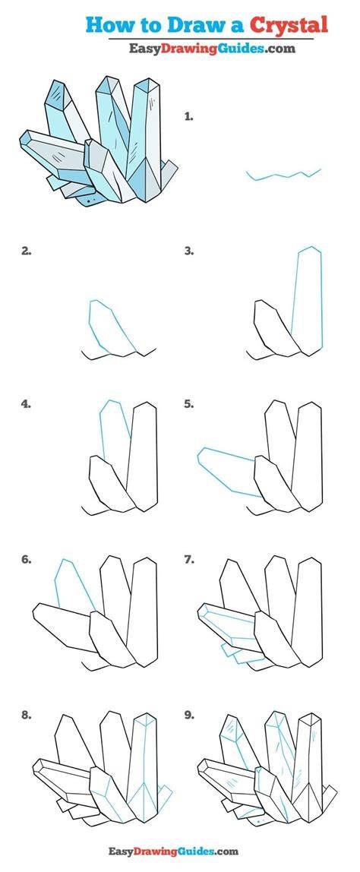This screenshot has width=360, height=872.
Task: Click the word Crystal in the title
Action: [288, 24]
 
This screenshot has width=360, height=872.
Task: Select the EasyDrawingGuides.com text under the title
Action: [212, 49]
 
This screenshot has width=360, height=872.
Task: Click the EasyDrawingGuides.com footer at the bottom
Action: [173, 851]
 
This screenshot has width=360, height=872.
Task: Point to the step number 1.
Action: [188, 117]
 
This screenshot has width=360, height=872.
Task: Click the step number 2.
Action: [26, 251]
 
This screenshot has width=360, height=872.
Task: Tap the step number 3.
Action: [189, 251]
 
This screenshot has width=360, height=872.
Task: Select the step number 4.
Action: [26, 404]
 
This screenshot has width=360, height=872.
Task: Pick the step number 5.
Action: [189, 404]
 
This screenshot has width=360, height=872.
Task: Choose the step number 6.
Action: [26, 560]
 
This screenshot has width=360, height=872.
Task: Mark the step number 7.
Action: [189, 560]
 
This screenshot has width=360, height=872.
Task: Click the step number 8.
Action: [26, 716]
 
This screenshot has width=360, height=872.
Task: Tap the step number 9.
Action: [189, 716]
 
